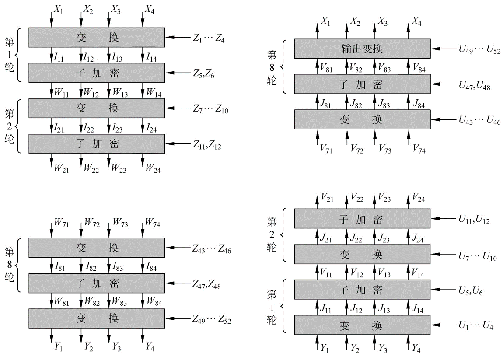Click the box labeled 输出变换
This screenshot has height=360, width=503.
pyautogui.click(x=362, y=49)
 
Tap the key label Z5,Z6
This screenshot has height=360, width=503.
pyautogui.click(x=204, y=73)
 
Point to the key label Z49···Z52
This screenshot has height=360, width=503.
pyautogui.click(x=212, y=320)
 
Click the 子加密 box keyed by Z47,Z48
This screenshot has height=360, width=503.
pyautogui.click(x=97, y=283)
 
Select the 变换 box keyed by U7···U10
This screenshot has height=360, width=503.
pyautogui.click(x=362, y=254)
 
